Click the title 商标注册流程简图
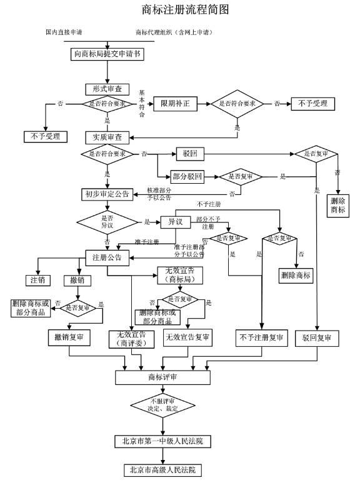185,9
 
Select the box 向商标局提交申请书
107,54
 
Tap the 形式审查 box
107,89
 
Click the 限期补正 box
175,104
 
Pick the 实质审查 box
107,137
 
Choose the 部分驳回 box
187,176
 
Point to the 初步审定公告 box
107,194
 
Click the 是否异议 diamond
107,222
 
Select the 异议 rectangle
175,222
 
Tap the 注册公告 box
107,257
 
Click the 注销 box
37,280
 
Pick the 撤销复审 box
69,337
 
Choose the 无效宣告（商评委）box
131,339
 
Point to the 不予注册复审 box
261,337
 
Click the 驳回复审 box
317,338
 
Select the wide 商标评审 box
162,377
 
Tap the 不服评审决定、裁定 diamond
162,405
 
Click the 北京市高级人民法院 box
162,470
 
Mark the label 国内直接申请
64,32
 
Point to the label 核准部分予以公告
159,194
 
